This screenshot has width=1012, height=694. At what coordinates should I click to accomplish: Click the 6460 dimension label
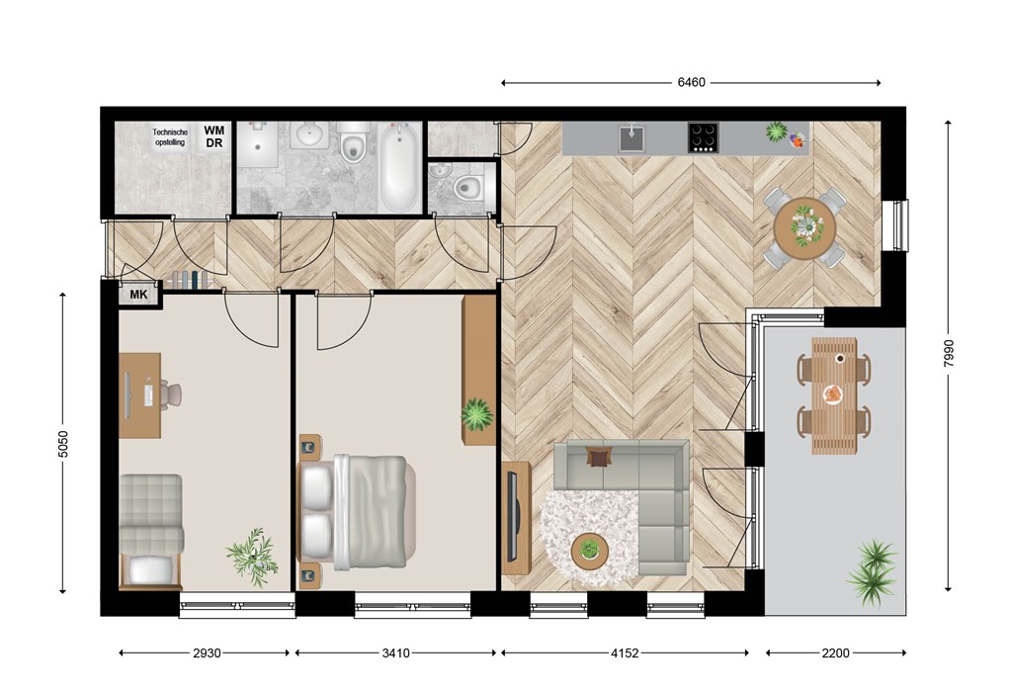click(x=691, y=83)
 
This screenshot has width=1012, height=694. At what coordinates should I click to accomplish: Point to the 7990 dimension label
click(x=948, y=354)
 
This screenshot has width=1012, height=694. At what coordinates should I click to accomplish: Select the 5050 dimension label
click(x=62, y=444)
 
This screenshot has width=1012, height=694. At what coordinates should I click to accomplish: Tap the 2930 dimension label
click(x=207, y=653)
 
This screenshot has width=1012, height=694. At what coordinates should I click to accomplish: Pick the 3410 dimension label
click(x=395, y=653)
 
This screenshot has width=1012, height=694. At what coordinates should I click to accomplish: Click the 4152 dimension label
click(x=625, y=653)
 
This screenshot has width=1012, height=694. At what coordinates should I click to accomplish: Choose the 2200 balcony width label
click(x=835, y=653)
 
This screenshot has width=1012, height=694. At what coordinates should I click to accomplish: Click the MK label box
click(x=138, y=295)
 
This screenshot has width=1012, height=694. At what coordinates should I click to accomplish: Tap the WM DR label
click(x=214, y=136)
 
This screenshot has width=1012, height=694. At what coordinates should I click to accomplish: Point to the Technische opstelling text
click(x=170, y=136)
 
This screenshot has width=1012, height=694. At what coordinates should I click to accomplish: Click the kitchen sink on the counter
click(x=632, y=137)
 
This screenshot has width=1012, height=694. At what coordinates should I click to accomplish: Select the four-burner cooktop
click(x=703, y=137)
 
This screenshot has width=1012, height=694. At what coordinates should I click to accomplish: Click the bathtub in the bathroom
click(x=398, y=167)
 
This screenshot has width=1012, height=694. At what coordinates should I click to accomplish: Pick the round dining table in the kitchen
click(x=804, y=228)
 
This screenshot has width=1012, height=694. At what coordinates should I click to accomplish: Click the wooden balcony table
click(x=834, y=395)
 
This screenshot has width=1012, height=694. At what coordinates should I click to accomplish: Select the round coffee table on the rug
click(x=589, y=552)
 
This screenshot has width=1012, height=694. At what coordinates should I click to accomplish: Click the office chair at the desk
click(x=172, y=394)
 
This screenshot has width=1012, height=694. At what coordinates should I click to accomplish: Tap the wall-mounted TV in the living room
click(x=513, y=516)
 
